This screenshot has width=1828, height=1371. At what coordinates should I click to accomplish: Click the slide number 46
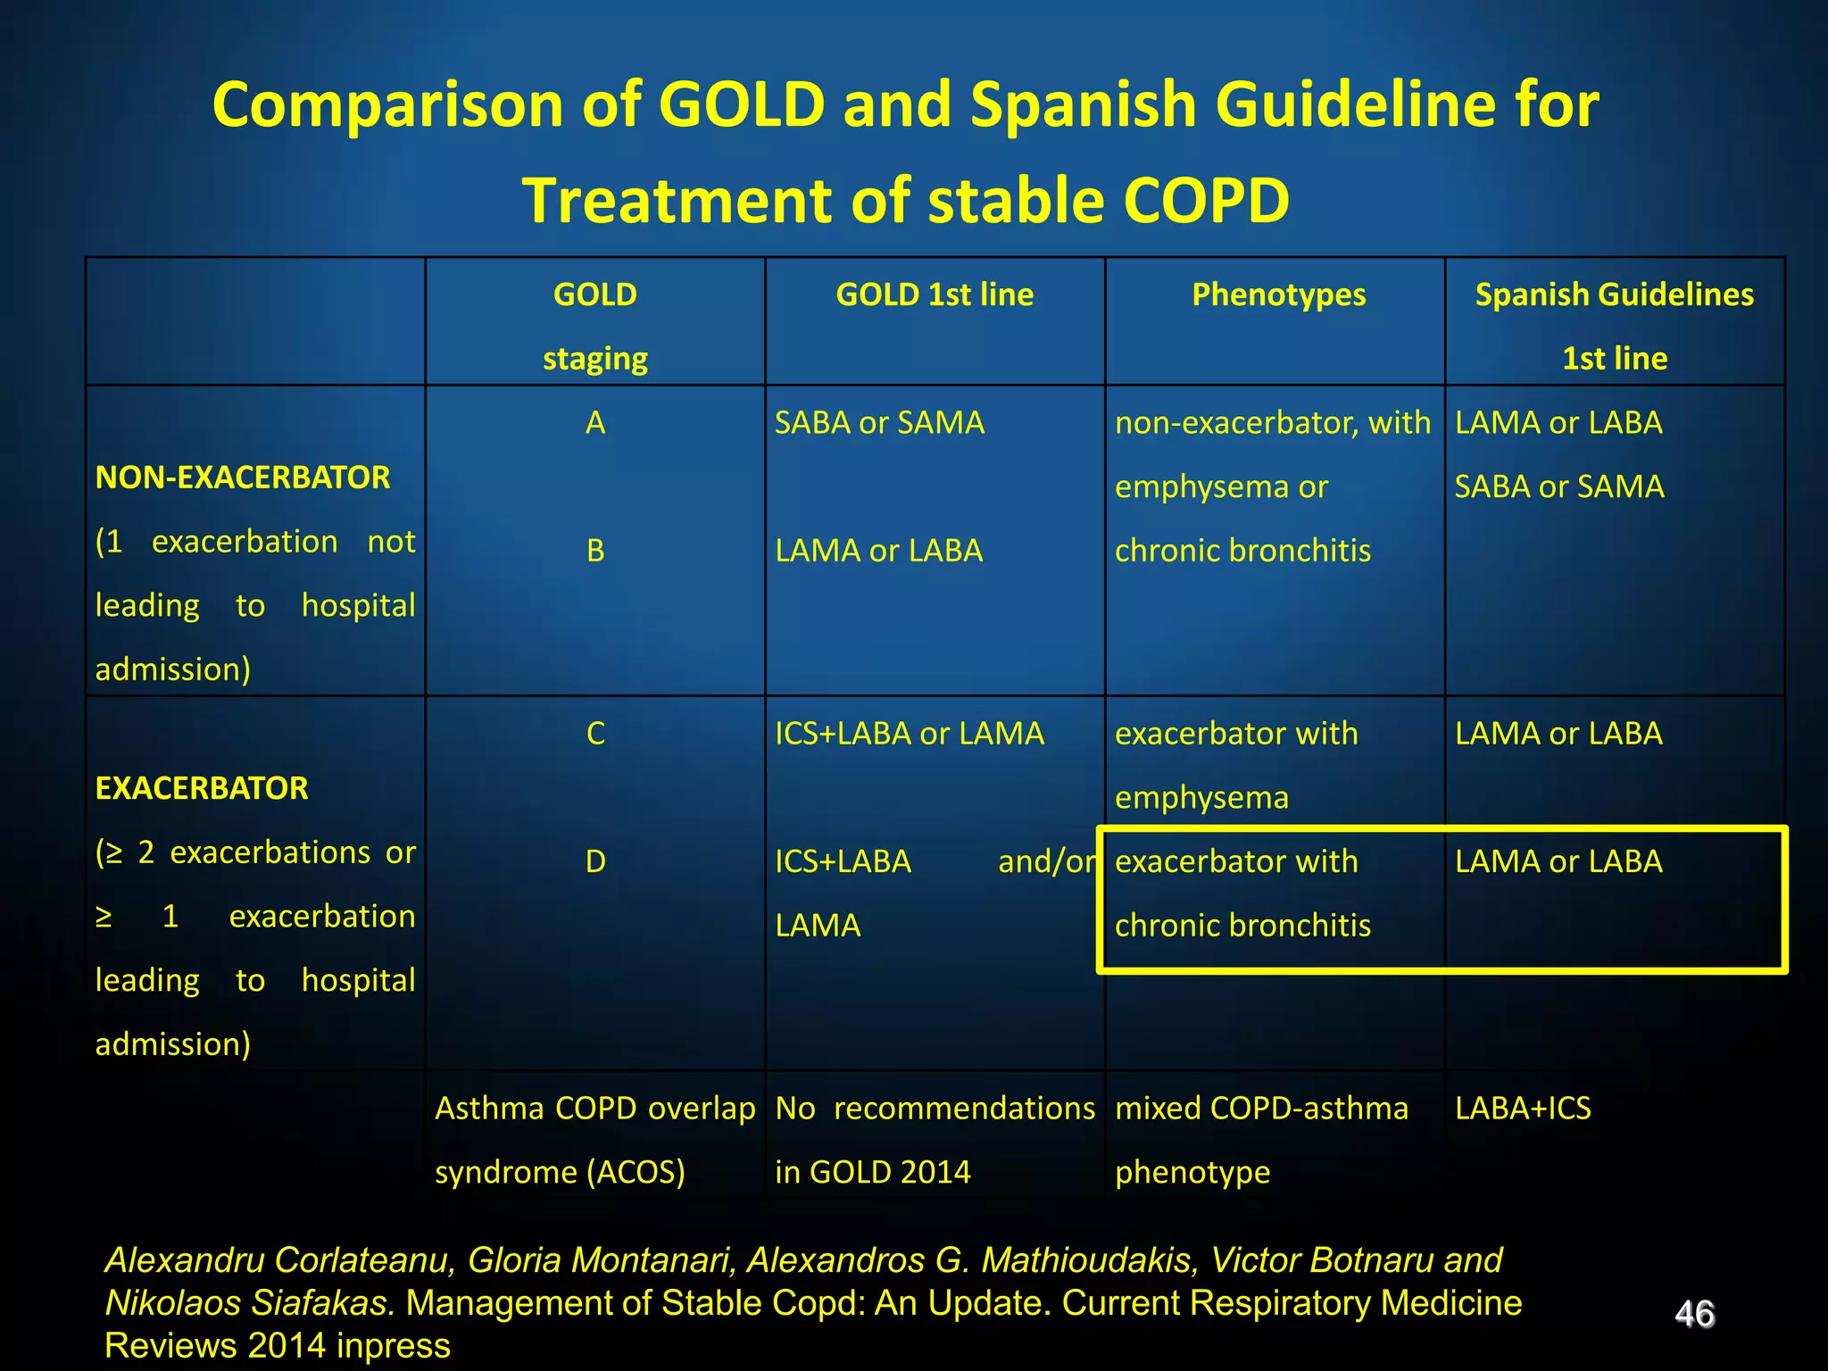coord(1694,1314)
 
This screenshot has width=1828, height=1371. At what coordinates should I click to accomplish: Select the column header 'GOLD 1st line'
coord(935,295)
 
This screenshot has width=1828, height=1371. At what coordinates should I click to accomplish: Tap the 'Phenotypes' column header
coord(1278,295)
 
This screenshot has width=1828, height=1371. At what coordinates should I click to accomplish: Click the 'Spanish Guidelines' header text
coord(1614,295)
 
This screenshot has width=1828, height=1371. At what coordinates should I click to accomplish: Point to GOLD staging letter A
coord(595,423)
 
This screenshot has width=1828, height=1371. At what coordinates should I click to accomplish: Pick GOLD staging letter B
coord(595,551)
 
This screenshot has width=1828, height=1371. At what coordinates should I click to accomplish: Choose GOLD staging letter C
coord(595,734)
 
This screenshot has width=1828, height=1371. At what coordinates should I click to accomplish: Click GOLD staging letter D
coord(595,861)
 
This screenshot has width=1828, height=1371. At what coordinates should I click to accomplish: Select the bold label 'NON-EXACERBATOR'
coord(243,478)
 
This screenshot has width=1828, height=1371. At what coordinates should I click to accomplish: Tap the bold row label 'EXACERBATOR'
coord(202,788)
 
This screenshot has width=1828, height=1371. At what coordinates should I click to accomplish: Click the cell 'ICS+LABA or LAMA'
coord(909,734)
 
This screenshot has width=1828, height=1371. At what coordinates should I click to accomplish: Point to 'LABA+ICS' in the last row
coord(1523,1109)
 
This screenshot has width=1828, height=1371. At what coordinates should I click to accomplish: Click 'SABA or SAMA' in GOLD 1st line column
coord(879,423)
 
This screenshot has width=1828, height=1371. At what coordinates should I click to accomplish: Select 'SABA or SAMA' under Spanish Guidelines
coord(1559,486)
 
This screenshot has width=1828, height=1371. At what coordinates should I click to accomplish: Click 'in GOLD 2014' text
coord(872,1172)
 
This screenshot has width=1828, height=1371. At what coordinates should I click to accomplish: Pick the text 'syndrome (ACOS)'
coord(560,1172)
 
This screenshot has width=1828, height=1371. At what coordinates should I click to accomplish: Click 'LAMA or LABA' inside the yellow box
coord(1558,861)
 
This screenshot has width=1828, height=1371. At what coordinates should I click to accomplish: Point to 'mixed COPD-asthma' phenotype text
coord(1261,1109)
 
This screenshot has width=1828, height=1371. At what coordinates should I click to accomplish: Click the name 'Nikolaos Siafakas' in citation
coord(250,1303)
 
